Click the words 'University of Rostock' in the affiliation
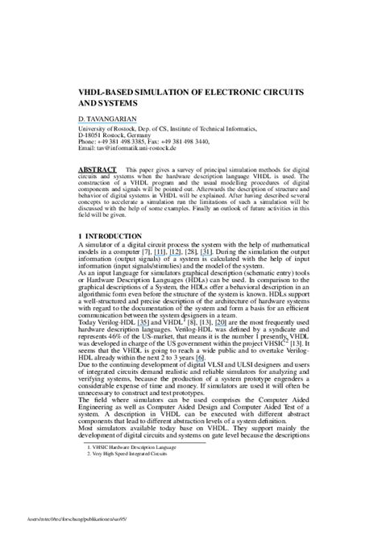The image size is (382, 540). (110, 127)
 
